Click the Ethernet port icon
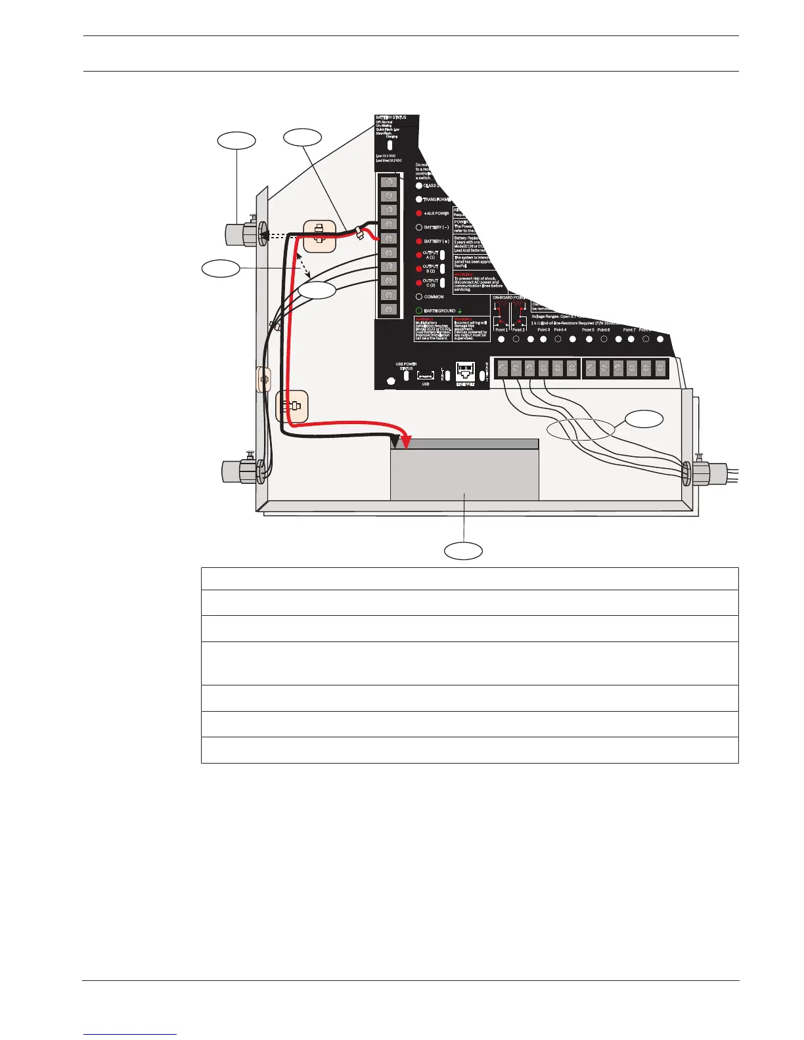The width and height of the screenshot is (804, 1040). coord(465,373)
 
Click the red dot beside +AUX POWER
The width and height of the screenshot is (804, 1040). coord(419,213)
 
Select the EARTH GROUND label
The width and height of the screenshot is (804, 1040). coord(439,311)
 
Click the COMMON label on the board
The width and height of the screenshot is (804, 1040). coord(434,297)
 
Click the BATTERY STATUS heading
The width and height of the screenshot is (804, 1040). coord(391,118)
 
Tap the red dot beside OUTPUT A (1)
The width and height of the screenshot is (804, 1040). coord(419,255)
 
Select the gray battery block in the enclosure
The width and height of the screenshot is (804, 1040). coord(464,476)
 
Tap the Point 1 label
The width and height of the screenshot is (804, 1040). coord(501,330)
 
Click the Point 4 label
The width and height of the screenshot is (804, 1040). coord(560,330)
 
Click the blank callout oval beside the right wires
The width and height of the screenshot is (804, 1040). coord(643,419)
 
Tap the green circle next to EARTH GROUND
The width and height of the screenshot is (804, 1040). coord(419,311)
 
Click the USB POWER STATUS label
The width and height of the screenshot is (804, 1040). coord(406,366)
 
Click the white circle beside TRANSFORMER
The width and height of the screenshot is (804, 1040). coord(419,200)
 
